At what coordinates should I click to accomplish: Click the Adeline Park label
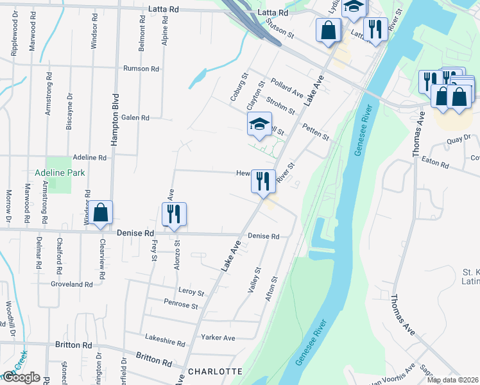tap(60, 173)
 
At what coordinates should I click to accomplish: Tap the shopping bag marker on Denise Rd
tap(101, 214)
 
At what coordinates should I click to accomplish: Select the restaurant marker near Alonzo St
tap(173, 215)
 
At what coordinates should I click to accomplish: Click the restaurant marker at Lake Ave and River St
tap(262, 182)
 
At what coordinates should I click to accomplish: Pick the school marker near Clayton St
tap(259, 124)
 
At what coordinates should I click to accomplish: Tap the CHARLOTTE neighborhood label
tap(215, 372)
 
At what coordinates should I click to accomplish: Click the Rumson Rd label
tap(142, 69)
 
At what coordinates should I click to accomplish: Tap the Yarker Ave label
tap(218, 338)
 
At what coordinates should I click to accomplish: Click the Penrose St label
tap(180, 305)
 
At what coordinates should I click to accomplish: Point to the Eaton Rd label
tap(435, 165)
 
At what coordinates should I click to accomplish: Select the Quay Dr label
tap(459, 137)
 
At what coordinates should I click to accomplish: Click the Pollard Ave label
tap(286, 88)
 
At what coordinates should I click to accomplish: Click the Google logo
tap(21, 377)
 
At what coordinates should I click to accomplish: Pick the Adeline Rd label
tap(89, 157)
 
